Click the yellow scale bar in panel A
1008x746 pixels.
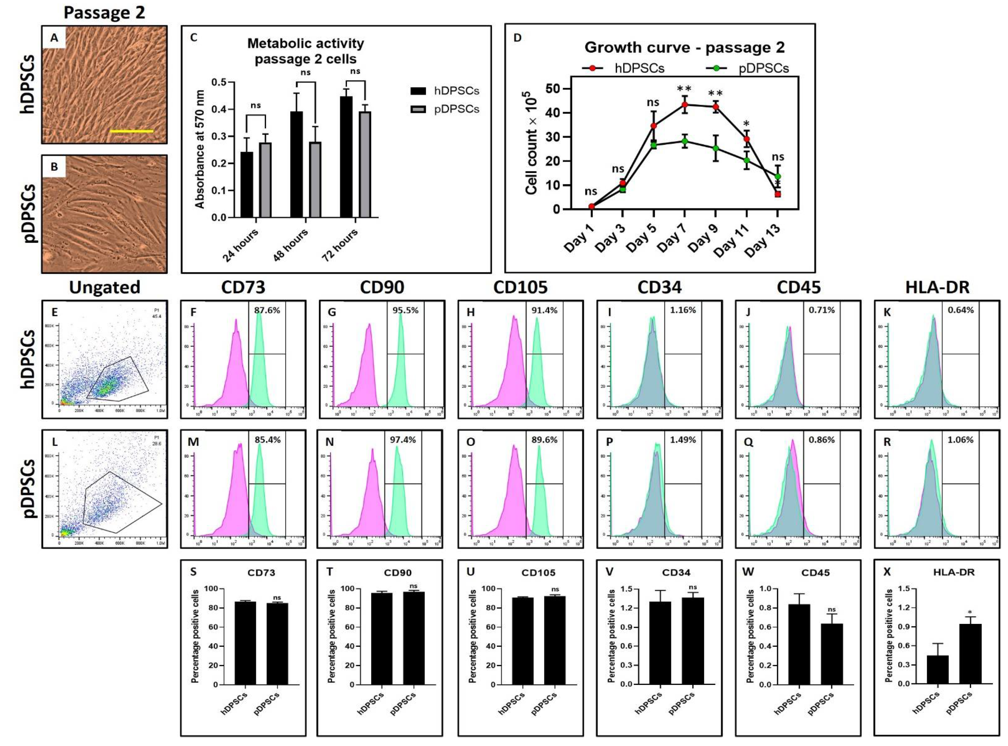point(131,131)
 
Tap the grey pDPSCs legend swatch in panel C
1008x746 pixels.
point(418,109)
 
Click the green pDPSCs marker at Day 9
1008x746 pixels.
point(715,148)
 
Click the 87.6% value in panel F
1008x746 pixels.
point(267,310)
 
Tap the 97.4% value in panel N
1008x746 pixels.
point(405,439)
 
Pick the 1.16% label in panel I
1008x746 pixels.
point(683,310)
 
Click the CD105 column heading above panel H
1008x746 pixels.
point(520,287)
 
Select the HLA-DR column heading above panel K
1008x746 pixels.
point(937,287)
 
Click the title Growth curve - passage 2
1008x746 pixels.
point(684,47)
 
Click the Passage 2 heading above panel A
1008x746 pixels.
point(104,13)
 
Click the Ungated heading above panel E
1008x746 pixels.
point(104,287)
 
